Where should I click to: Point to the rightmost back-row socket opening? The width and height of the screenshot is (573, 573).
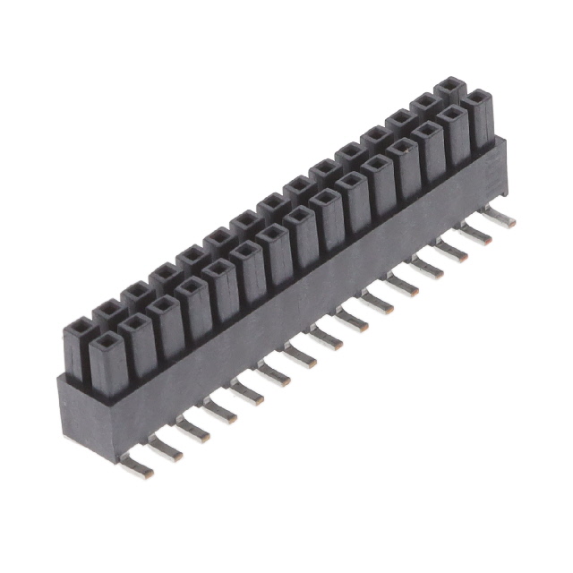click(450, 84)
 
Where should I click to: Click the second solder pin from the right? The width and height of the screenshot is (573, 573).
click(476, 234)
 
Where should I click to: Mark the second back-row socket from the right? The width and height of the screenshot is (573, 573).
click(424, 100)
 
